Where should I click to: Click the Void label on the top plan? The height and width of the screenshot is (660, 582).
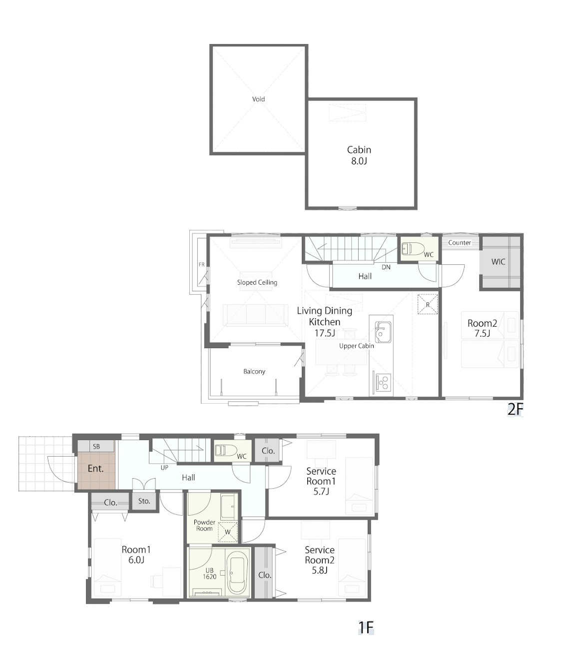pyautogui.click(x=258, y=99)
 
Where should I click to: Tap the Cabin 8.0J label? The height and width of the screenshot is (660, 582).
pyautogui.click(x=359, y=155)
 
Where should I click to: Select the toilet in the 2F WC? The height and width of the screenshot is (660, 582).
pyautogui.click(x=412, y=248)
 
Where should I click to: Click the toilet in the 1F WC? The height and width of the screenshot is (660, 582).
pyautogui.click(x=225, y=450)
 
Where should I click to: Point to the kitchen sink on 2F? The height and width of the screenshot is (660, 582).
pyautogui.click(x=383, y=332)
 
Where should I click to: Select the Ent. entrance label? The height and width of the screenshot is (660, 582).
pyautogui.click(x=95, y=469)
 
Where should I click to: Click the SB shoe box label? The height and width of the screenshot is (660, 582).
pyautogui.click(x=96, y=446)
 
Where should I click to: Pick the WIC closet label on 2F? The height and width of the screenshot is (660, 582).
pyautogui.click(x=498, y=261)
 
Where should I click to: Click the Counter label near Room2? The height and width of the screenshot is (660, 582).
pyautogui.click(x=459, y=243)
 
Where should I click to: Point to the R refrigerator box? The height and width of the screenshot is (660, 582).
pyautogui.click(x=428, y=304)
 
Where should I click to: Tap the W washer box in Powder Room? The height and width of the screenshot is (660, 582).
pyautogui.click(x=228, y=532)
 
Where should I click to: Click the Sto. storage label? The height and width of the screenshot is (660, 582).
pyautogui.click(x=144, y=501)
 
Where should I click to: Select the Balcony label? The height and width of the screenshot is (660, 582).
pyautogui.click(x=254, y=371)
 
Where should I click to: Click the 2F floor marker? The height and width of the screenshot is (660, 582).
pyautogui.click(x=515, y=409)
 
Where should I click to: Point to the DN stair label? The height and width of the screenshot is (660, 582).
pyautogui.click(x=386, y=267)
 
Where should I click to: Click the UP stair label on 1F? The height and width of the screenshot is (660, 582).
pyautogui.click(x=164, y=468)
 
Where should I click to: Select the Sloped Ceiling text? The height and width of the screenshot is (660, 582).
pyautogui.click(x=257, y=282)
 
